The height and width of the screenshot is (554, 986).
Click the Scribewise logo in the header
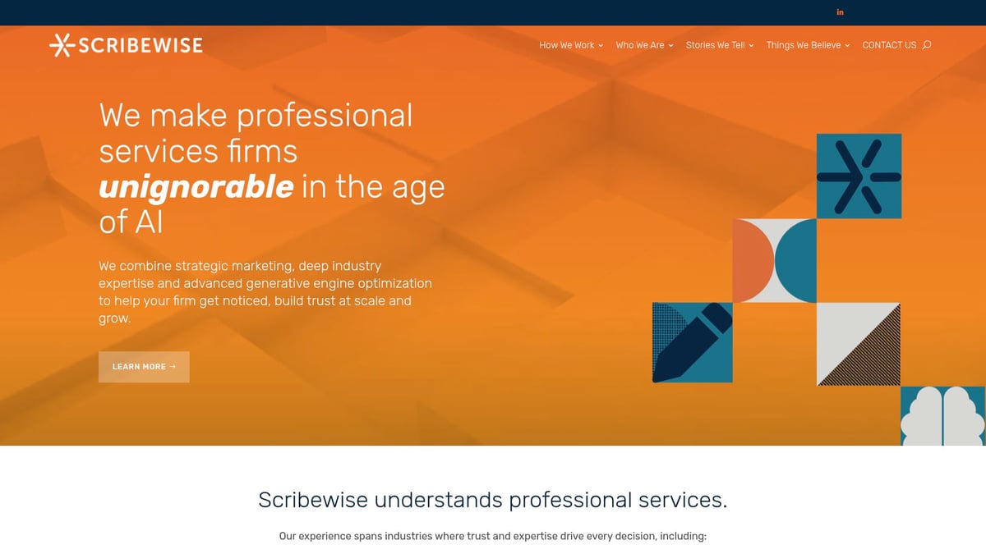(126, 45)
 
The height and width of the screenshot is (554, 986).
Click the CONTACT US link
(889, 45)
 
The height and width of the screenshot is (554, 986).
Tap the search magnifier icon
(927, 45)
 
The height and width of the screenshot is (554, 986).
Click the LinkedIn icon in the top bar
(840, 12)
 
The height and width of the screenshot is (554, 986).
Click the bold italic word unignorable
(196, 187)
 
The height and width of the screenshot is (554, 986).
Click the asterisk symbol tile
(859, 176)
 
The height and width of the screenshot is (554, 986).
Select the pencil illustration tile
(692, 342)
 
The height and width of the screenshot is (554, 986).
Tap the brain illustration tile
(942, 417)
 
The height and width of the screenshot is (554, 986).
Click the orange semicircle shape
(753, 260)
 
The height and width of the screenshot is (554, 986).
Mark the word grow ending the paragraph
(113, 318)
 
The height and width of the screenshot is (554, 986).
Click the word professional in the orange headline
(325, 116)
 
